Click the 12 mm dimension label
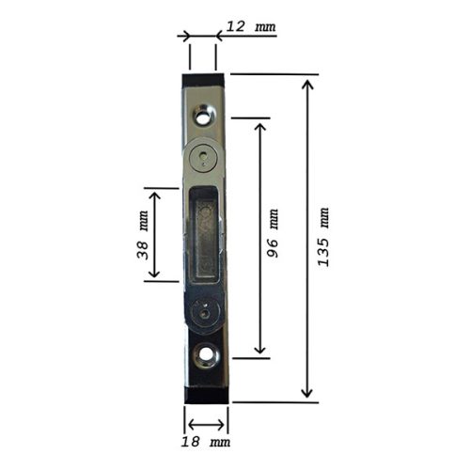tap(252, 26)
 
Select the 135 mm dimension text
tap(323, 237)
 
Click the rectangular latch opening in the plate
tap(204, 235)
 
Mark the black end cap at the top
tap(203, 79)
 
